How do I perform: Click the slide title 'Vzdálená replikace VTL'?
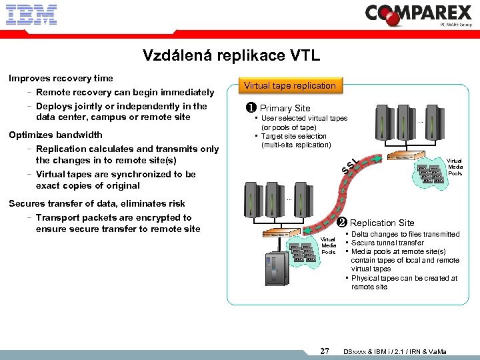click(x=231, y=56)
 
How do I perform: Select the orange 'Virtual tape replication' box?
click(x=289, y=85)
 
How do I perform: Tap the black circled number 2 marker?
click(x=341, y=223)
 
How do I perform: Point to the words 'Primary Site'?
click(x=285, y=108)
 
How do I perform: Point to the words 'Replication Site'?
click(x=382, y=223)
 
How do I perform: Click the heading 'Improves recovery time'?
click(x=61, y=78)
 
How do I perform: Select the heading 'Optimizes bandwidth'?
click(x=55, y=135)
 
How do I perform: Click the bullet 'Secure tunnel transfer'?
click(x=387, y=243)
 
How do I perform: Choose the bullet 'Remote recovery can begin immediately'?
click(x=125, y=92)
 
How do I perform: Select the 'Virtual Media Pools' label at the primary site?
click(x=454, y=167)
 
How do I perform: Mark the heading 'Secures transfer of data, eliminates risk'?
click(x=97, y=203)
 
